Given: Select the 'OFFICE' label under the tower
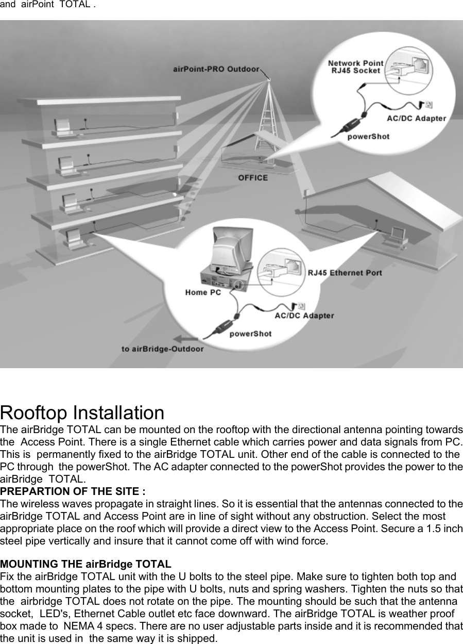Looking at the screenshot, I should (252, 177).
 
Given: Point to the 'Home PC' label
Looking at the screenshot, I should (203, 292).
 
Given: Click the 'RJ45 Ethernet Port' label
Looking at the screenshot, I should (345, 272).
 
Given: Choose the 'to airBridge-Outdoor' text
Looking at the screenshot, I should (162, 349).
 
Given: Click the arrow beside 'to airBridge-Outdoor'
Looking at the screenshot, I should (187, 339).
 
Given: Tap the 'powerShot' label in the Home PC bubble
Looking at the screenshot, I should (250, 334).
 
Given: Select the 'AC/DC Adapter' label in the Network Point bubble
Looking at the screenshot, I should (416, 118).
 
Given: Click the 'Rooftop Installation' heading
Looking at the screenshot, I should (82, 413).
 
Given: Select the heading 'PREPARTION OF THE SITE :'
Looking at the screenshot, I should (73, 490).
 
